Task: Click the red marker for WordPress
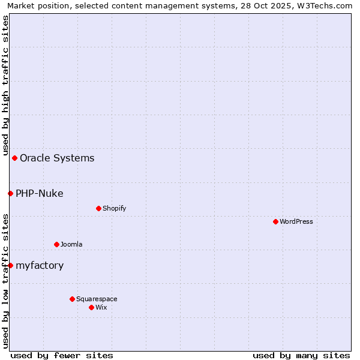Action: (x=275, y=221)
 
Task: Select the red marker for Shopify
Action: (x=98, y=208)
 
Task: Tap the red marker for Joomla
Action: (x=56, y=244)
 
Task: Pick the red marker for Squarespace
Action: (x=72, y=299)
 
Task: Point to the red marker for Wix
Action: (x=91, y=307)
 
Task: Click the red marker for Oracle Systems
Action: (x=14, y=158)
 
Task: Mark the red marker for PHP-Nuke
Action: (x=10, y=193)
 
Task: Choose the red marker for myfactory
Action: (x=10, y=265)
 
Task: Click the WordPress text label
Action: (x=296, y=221)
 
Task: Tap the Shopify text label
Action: (x=114, y=208)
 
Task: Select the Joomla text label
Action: (x=71, y=244)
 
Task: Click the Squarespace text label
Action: (x=97, y=299)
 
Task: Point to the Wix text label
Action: (x=101, y=307)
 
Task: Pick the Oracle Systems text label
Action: (x=57, y=158)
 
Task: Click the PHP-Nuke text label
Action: (x=40, y=193)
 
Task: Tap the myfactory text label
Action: (x=40, y=265)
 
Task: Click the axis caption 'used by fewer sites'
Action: (x=62, y=355)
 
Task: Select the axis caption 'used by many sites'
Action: (x=301, y=355)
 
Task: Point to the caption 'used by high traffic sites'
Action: (x=5, y=85)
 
